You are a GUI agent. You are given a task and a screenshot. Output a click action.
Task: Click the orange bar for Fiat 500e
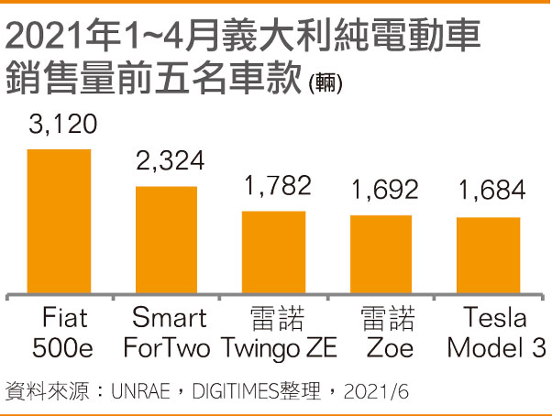(x=59, y=221)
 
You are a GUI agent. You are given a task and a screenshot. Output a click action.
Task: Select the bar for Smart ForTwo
(x=166, y=239)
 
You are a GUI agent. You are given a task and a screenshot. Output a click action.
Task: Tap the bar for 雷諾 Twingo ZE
(x=273, y=252)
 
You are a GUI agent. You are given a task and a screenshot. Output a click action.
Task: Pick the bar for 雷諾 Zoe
(x=381, y=254)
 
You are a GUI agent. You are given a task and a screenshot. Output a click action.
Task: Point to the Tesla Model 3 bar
(x=488, y=255)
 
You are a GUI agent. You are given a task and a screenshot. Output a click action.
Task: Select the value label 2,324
(x=169, y=163)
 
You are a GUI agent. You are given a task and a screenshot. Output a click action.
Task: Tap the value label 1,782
(x=276, y=187)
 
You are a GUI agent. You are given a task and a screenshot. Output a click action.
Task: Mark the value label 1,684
(x=490, y=191)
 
